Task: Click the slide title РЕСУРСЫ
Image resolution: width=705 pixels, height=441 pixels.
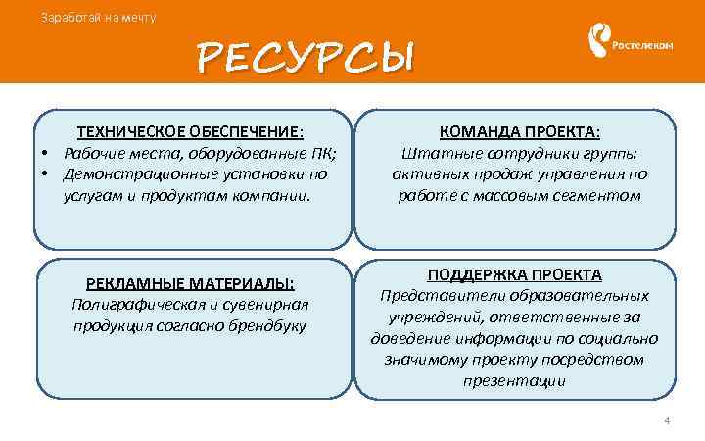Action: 305,58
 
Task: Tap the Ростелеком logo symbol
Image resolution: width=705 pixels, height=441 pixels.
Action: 597,42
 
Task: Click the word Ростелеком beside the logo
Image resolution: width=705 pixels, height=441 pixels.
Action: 642,44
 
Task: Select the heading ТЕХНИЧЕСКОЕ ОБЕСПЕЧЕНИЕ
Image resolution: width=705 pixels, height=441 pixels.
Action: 190,133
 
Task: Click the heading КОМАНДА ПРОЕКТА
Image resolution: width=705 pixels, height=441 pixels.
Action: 519,133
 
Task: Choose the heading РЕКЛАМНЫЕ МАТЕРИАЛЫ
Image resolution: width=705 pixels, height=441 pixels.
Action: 190,283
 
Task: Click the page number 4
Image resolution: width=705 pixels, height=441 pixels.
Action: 667,420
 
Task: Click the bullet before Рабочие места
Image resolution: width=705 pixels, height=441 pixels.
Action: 45,155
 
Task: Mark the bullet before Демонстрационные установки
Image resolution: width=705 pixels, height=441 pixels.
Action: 45,174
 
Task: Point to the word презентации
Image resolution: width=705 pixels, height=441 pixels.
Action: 514,380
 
